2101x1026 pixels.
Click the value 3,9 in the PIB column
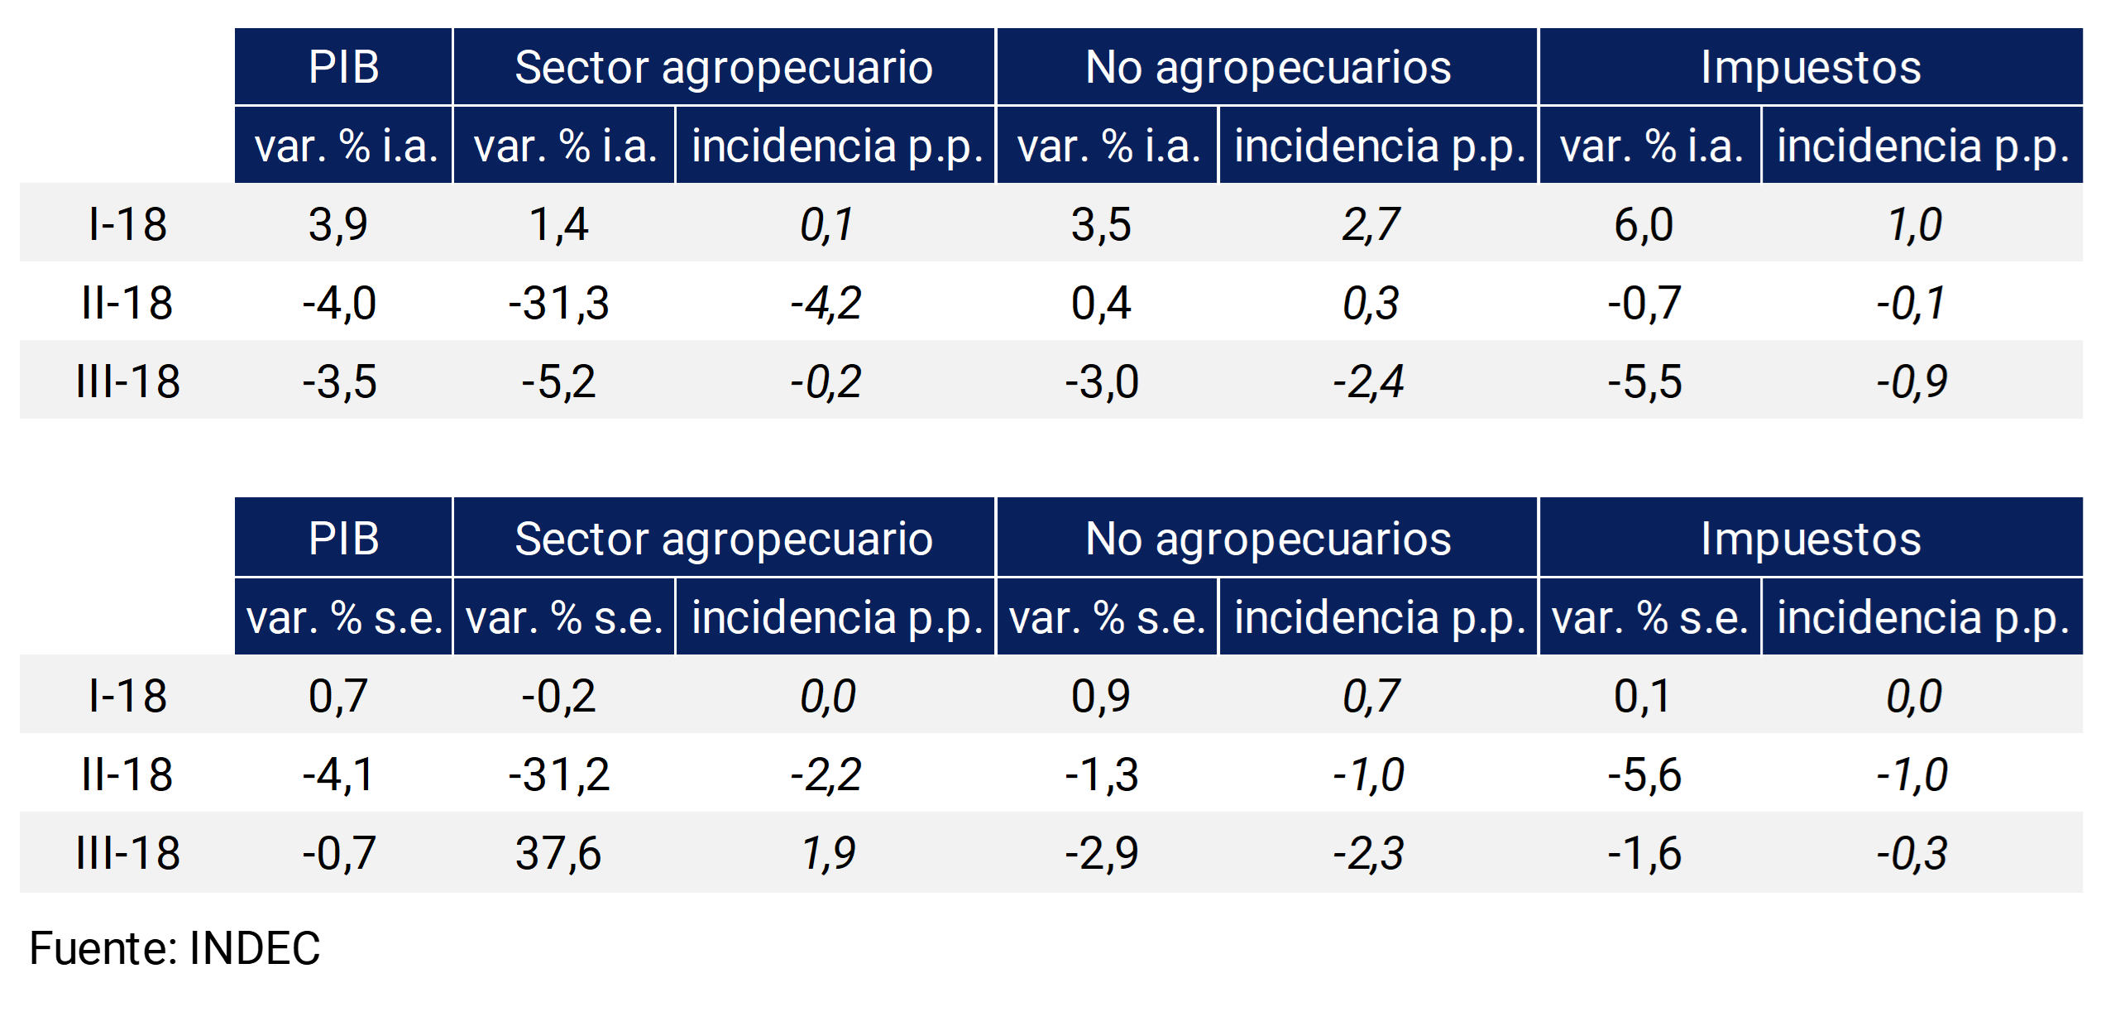coord(337,224)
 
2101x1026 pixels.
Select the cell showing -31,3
coord(558,303)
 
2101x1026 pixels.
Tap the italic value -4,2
coord(826,303)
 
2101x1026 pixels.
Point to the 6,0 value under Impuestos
coord(1643,224)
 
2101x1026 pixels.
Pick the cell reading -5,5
coord(1644,381)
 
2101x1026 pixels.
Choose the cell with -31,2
coord(558,774)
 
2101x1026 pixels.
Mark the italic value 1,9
coord(828,853)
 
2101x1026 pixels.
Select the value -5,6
coord(1644,774)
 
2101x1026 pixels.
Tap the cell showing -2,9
coord(1101,853)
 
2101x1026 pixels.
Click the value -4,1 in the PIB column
coord(337,774)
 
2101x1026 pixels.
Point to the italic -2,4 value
coord(1368,381)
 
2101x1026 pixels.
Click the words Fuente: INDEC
coord(175,948)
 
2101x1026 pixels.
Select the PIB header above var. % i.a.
coord(343,67)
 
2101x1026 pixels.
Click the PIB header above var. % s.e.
coord(343,539)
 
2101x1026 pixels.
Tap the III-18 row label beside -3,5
coord(127,381)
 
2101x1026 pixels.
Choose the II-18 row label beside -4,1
coord(127,774)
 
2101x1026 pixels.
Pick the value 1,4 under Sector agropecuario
coord(558,224)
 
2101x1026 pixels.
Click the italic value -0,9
coord(1912,381)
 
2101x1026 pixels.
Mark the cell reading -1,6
coord(1644,853)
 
